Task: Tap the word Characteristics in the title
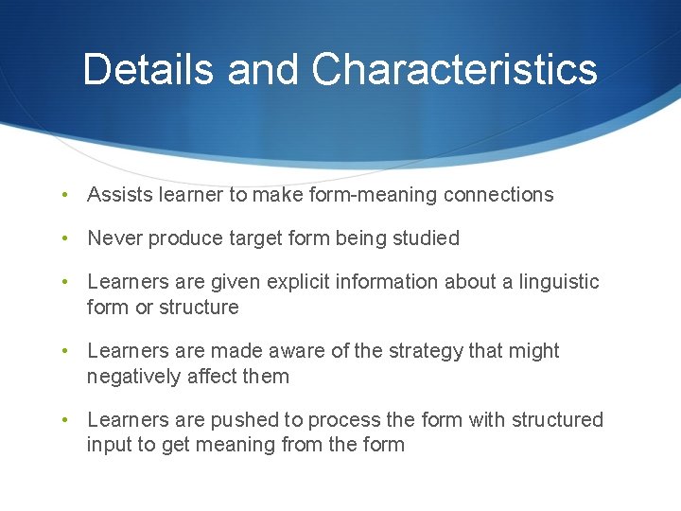pyautogui.click(x=454, y=70)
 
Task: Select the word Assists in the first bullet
pyautogui.click(x=117, y=195)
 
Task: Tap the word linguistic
pyautogui.click(x=559, y=282)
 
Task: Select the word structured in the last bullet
pyautogui.click(x=557, y=420)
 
